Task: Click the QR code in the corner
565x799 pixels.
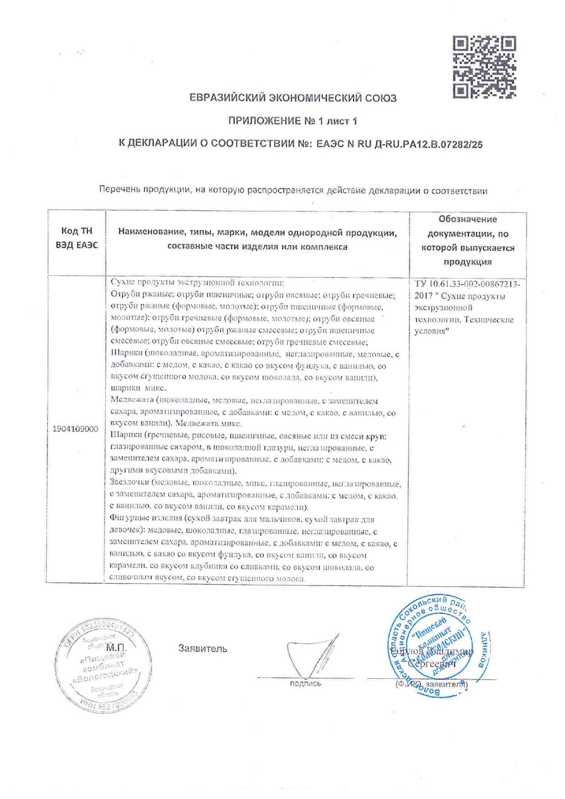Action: click(x=484, y=67)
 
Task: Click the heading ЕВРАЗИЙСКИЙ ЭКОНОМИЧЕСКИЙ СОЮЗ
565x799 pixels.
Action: click(x=293, y=98)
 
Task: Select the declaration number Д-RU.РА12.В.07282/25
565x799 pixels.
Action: click(x=428, y=144)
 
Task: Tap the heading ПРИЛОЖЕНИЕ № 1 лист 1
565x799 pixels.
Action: click(x=292, y=121)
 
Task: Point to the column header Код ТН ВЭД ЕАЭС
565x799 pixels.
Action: click(x=77, y=238)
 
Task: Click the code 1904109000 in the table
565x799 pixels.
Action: click(x=75, y=429)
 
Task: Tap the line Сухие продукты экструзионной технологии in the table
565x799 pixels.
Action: click(x=197, y=283)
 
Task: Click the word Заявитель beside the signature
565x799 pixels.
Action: click(x=202, y=648)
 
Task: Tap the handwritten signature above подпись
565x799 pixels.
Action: click(x=310, y=656)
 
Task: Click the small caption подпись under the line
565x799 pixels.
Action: click(x=305, y=683)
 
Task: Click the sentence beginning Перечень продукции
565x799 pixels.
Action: click(x=293, y=191)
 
